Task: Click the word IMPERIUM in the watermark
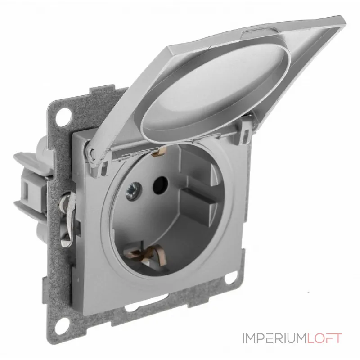point(274,338)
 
